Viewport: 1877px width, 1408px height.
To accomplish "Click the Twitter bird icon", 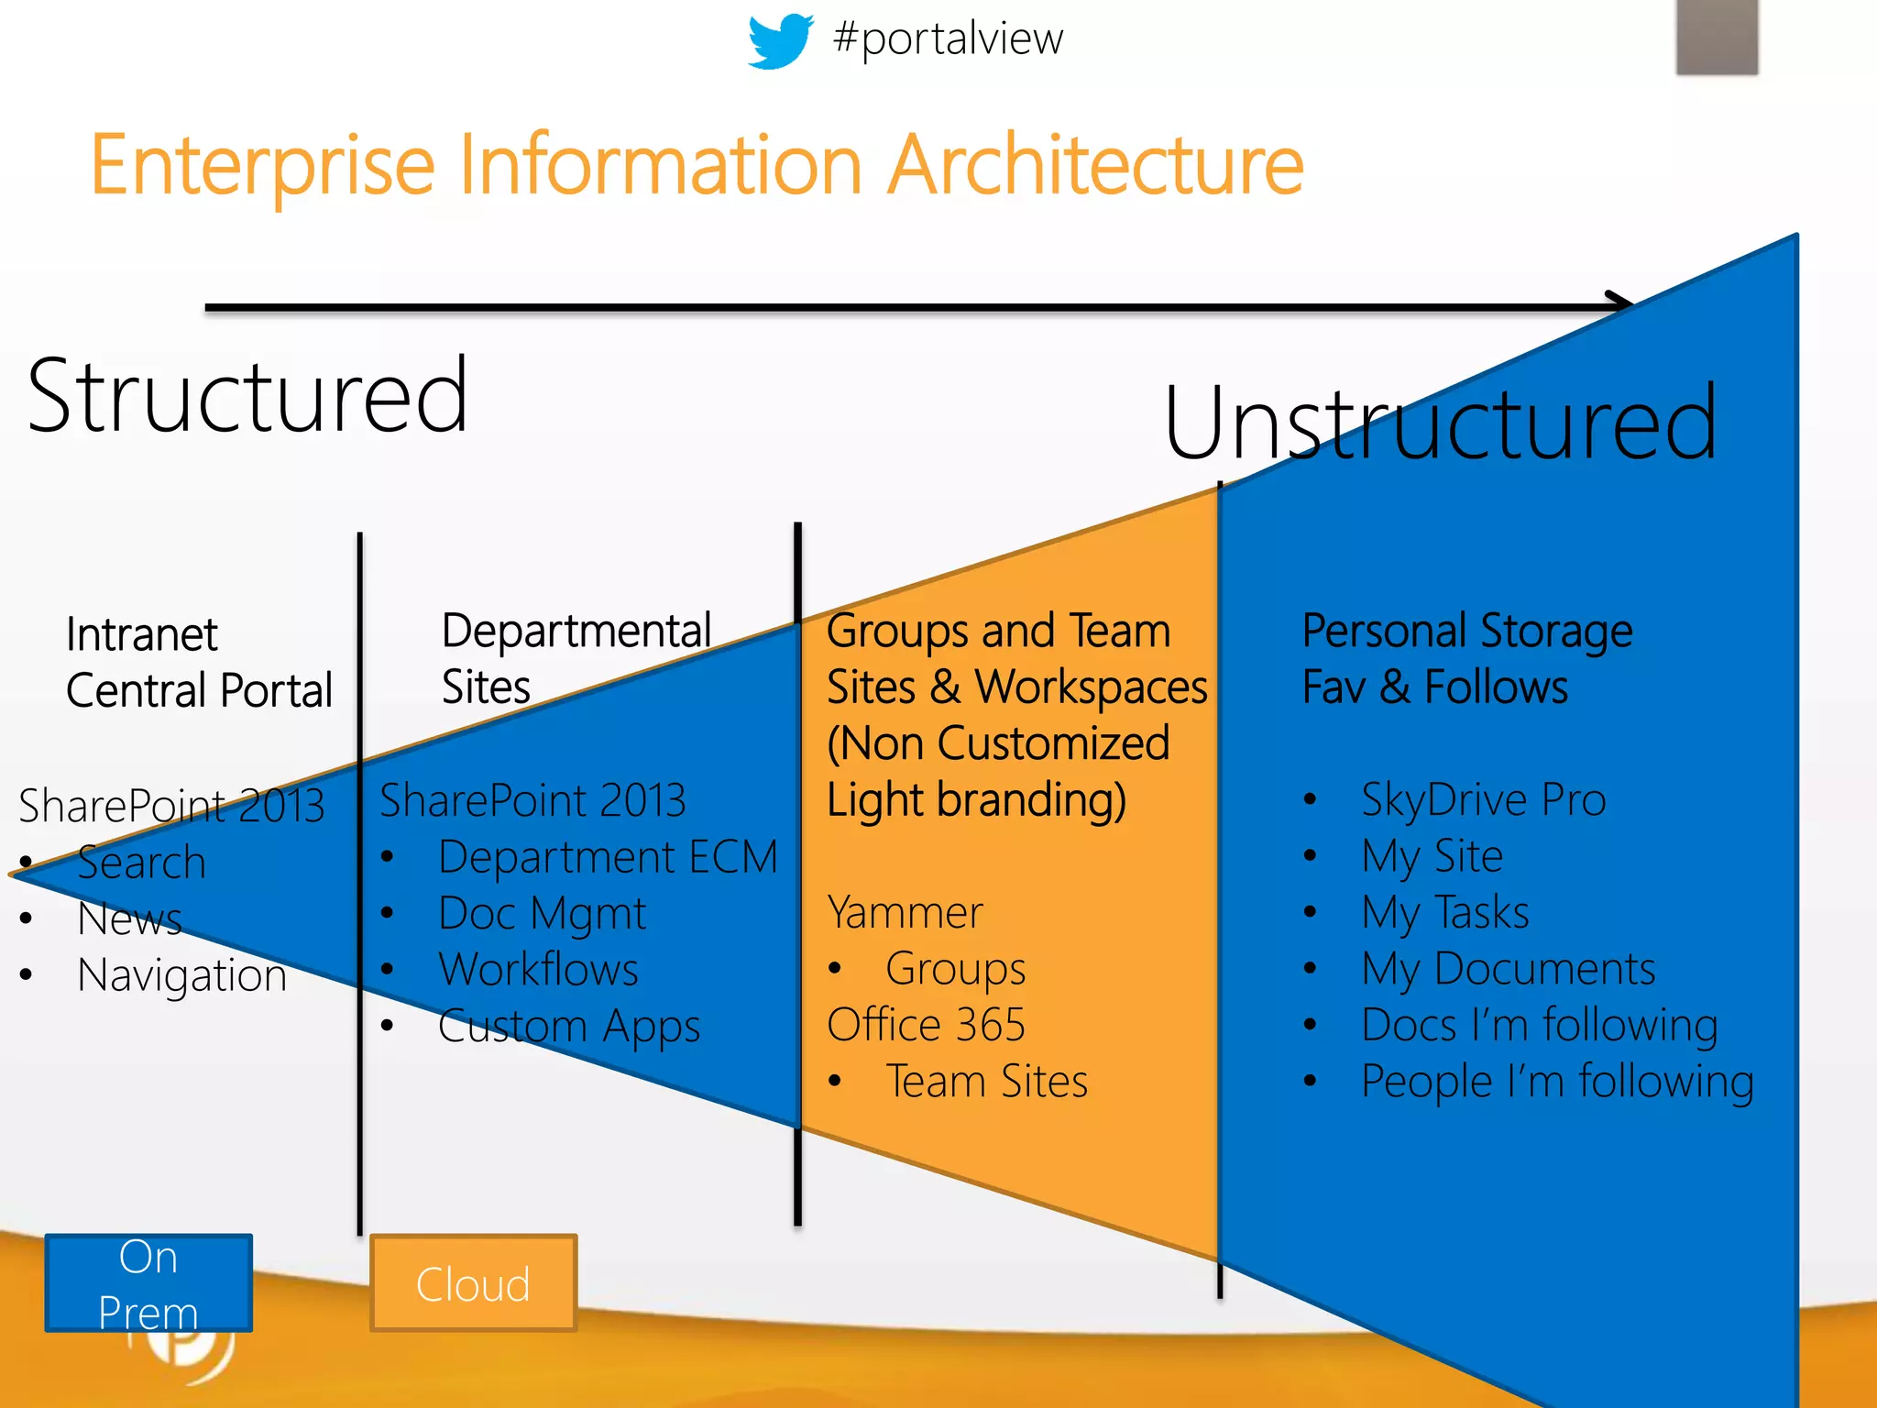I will tap(779, 40).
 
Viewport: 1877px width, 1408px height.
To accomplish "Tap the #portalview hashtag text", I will tap(948, 38).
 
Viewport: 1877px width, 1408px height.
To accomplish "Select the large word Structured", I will tap(247, 396).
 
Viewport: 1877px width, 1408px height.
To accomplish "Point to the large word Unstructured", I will tap(1440, 423).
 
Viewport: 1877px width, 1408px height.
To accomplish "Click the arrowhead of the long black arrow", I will tap(1620, 303).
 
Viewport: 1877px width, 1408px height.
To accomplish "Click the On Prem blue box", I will tap(148, 1282).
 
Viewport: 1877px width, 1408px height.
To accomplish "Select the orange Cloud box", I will tap(473, 1282).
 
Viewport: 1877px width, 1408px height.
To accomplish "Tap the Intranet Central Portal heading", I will tap(198, 663).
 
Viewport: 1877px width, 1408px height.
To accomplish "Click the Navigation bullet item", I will tap(181, 974).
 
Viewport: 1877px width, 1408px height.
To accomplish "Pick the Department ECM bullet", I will tap(607, 858).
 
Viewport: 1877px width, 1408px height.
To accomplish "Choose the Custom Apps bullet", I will tap(568, 1026).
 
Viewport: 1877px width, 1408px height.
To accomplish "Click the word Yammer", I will tap(905, 913).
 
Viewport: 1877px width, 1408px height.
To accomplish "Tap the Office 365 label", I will tap(926, 1025).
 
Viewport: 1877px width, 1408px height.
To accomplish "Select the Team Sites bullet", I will tap(986, 1082).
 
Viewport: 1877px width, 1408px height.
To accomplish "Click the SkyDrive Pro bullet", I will tap(1483, 799).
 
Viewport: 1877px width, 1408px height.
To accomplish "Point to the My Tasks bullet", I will tap(1444, 913).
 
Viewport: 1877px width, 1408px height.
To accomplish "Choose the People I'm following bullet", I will tap(1556, 1082).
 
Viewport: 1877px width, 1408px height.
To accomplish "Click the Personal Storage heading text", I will tap(1466, 632).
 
